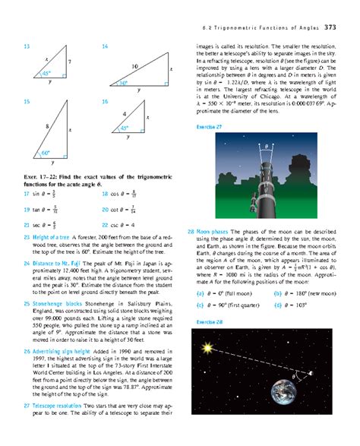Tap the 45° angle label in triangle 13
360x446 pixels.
pos(46,74)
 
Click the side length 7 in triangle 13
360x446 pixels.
pos(69,62)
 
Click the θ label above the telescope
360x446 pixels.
pos(267,146)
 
